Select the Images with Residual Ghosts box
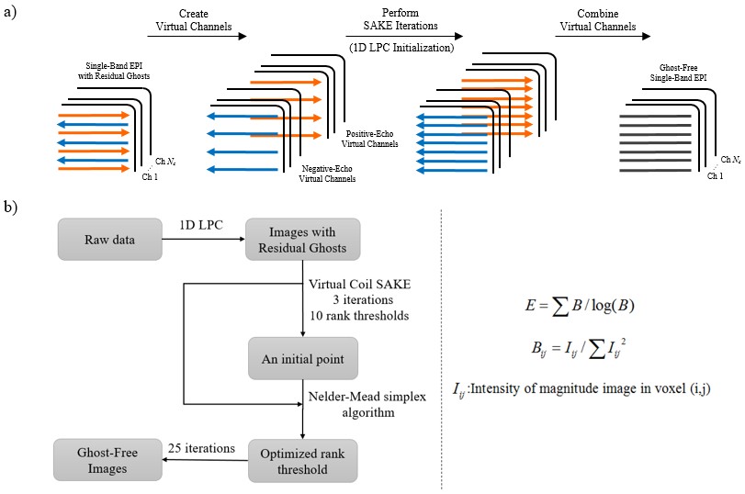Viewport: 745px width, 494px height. [302, 241]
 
